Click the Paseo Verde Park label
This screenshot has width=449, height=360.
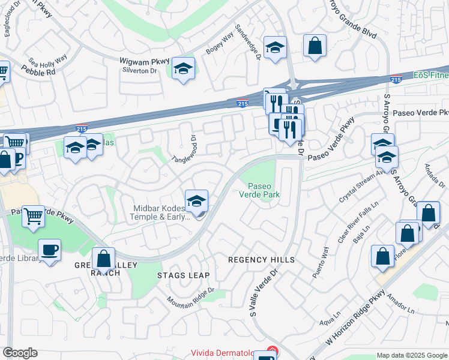coord(259,190)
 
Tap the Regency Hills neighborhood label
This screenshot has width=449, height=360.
coord(262,260)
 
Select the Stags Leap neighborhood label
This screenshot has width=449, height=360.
coord(183,275)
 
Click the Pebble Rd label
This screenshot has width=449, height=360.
coord(43,70)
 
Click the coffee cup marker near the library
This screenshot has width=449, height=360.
coord(49,249)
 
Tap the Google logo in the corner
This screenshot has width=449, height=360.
coord(20,353)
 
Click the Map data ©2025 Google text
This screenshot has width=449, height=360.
coord(411,355)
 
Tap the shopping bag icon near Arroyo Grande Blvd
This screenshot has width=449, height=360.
coord(315,46)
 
